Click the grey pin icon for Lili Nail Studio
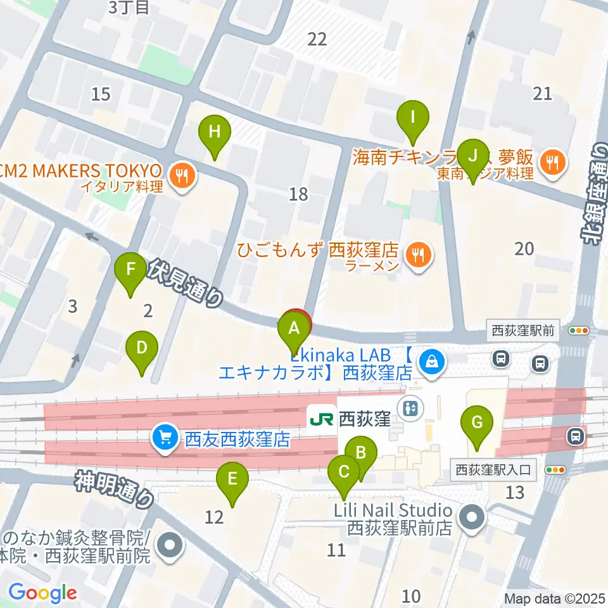point(472,518)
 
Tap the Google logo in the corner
point(42,593)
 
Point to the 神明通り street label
point(115,489)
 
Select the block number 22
point(317,39)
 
